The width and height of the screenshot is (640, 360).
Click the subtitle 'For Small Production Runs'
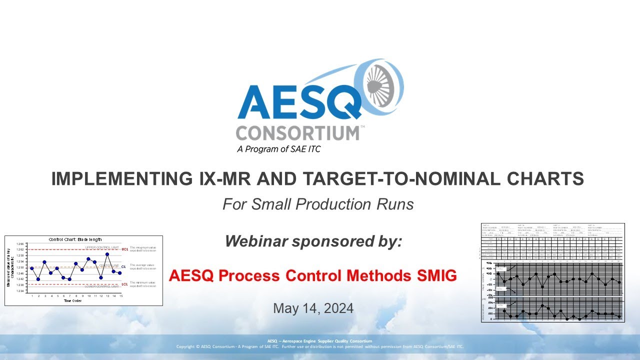coord(318,204)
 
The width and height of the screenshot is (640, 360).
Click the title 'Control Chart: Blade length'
coord(75,239)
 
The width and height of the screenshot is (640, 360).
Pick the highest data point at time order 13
coord(107,254)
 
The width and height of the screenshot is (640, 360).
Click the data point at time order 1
coord(32,268)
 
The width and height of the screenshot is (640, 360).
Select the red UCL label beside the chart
coord(124,249)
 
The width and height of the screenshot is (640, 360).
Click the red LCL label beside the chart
coord(124,284)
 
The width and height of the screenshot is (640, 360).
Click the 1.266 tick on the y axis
coord(20,243)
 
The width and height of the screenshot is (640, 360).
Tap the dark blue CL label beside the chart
coord(123,267)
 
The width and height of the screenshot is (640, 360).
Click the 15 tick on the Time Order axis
coord(120,296)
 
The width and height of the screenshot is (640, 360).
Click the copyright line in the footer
coord(320,346)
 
